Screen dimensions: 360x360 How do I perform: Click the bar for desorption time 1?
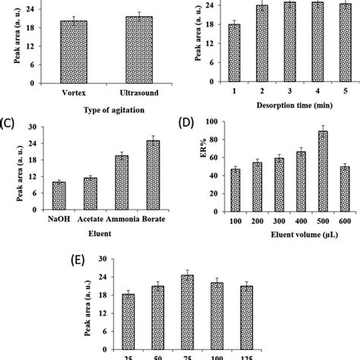point(234,53)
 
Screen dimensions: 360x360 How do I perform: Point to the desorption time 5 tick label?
point(324,92)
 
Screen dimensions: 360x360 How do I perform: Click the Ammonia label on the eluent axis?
point(122,221)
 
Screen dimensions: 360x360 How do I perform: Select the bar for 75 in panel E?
point(187,308)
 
